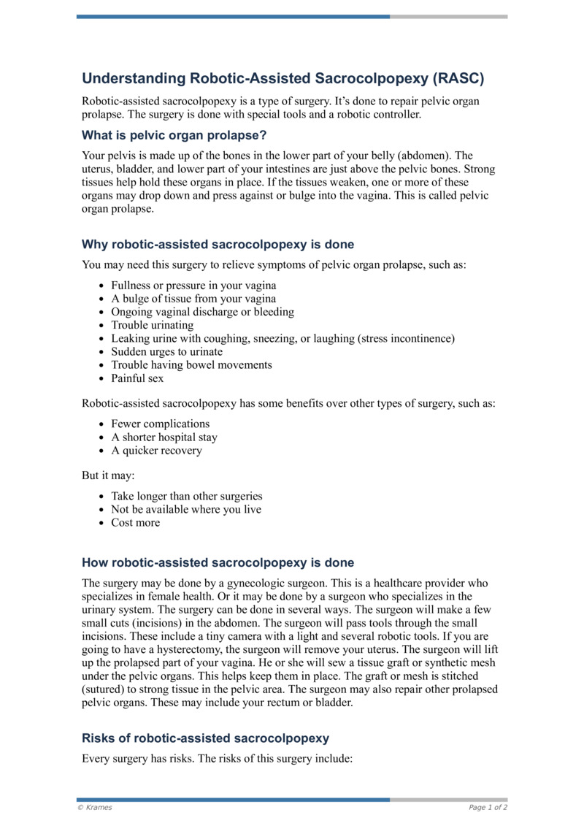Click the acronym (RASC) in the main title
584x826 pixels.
[x=458, y=78]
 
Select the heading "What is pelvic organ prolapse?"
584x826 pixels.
[x=174, y=135]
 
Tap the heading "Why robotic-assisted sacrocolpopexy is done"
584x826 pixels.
[x=218, y=244]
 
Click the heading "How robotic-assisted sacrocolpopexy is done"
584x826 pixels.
[x=218, y=562]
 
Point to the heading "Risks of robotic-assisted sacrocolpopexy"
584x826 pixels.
[x=205, y=738]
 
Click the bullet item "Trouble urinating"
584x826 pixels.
[x=152, y=325]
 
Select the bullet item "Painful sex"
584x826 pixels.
[x=137, y=378]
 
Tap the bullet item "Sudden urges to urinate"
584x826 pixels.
[x=166, y=351]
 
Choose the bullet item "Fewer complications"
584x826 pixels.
[x=160, y=424]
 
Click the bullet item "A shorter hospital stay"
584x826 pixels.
[x=164, y=437]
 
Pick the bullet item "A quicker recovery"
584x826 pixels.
[x=156, y=450]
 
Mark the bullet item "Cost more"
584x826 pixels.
[x=135, y=522]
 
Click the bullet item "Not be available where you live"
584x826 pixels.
[x=185, y=509]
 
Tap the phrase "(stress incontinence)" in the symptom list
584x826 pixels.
[x=406, y=338]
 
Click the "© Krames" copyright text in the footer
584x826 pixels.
[x=95, y=807]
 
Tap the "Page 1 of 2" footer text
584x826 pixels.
[x=488, y=807]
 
